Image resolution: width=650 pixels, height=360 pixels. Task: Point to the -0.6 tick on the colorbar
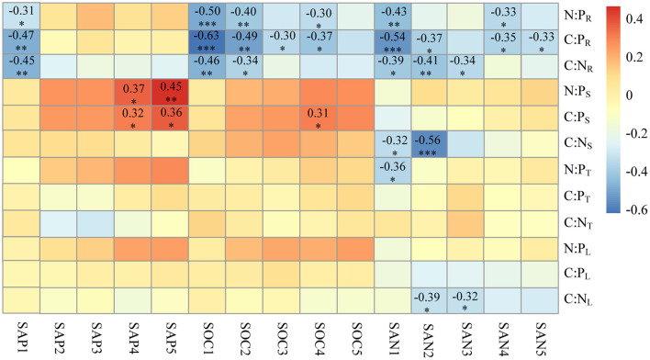(634, 208)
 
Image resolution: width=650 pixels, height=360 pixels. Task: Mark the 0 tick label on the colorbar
(630, 94)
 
